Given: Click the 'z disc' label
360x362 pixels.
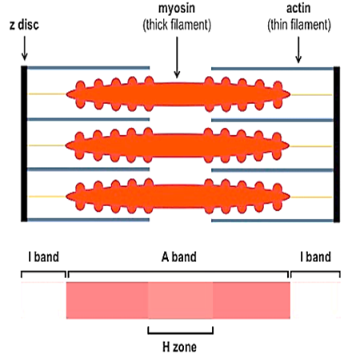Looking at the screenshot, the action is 24,25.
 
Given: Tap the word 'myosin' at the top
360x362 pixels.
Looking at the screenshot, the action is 177,8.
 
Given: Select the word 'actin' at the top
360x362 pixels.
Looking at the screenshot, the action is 298,8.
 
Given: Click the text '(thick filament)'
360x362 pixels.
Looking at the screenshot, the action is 177,25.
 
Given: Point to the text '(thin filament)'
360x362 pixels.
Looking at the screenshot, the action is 299,25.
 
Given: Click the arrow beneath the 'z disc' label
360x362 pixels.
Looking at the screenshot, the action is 25,49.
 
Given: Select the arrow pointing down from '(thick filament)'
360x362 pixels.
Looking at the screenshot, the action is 177,58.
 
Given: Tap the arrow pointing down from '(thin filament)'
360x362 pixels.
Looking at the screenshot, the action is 298,50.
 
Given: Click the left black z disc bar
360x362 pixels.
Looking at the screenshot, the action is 24,144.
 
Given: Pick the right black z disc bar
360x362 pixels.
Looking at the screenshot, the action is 337,145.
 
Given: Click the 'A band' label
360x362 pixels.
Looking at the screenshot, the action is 179,257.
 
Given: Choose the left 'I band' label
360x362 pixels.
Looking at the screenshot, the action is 44,257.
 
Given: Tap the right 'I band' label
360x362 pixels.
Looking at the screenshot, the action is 315,257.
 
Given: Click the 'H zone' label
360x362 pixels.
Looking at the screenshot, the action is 179,347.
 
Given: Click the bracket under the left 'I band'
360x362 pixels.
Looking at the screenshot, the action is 43,272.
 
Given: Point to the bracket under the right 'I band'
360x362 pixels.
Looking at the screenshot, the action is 315,272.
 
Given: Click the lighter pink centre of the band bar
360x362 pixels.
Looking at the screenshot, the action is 181,300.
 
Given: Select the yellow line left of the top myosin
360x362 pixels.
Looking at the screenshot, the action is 47,93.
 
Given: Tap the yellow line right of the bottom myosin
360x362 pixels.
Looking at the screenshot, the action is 311,197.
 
